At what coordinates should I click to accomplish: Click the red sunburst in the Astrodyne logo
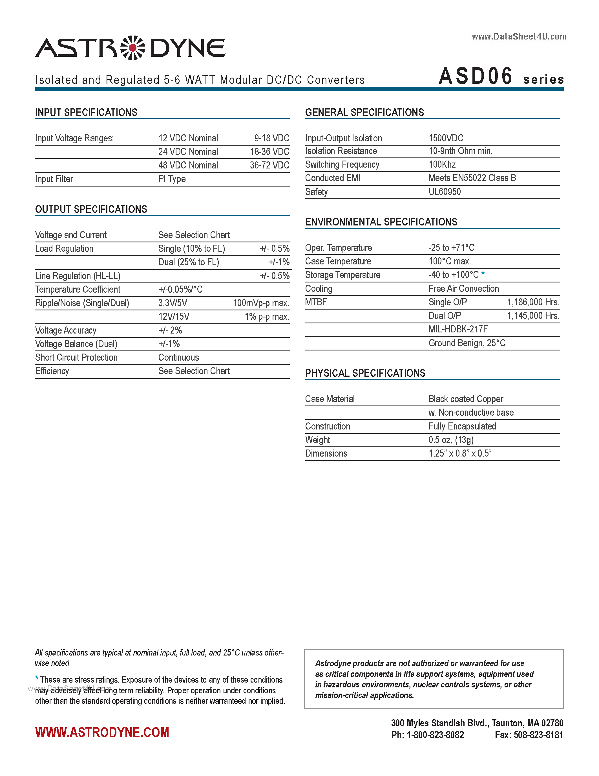tap(133, 48)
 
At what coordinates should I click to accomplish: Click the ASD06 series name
tap(476, 76)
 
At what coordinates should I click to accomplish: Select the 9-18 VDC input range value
tap(271, 138)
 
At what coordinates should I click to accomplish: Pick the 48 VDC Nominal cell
tap(188, 165)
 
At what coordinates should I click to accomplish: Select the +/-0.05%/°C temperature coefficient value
tap(180, 290)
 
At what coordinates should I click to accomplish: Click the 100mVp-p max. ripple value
tap(261, 303)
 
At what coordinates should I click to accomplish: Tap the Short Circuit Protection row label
tap(76, 358)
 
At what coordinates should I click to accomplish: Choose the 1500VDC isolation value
tap(446, 138)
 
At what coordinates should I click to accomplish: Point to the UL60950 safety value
tap(444, 192)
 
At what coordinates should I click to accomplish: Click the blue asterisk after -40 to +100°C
tap(483, 274)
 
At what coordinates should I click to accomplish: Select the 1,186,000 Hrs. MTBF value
tap(533, 302)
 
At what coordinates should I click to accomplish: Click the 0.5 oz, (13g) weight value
tap(451, 440)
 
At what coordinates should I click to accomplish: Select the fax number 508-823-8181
tap(538, 735)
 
